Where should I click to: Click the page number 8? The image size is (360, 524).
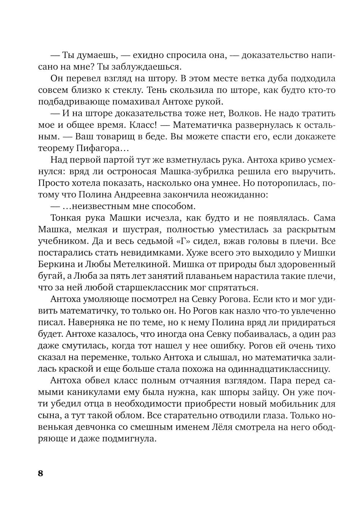coord(40,473)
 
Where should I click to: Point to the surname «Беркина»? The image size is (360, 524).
coord(54,265)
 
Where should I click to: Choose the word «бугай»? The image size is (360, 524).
coord(48,276)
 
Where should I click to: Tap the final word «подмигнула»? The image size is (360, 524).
coord(126,439)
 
